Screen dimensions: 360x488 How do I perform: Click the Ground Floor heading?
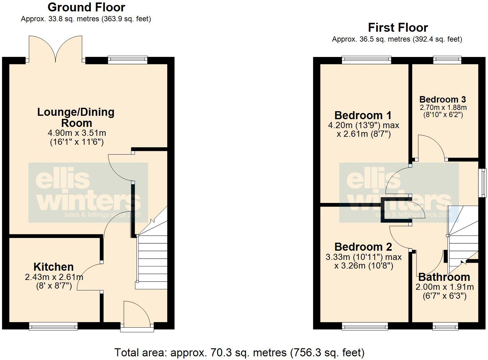(86, 7)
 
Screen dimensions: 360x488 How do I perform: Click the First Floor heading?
(398, 28)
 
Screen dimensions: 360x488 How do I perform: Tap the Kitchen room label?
(54, 267)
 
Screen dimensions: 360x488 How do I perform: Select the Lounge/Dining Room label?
(76, 117)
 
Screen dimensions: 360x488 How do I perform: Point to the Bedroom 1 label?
(363, 115)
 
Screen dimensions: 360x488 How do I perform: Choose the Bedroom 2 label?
(363, 247)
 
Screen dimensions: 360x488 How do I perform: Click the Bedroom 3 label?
(442, 99)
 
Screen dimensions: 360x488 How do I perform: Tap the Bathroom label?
(444, 277)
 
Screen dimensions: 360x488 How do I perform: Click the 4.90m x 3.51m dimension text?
(77, 133)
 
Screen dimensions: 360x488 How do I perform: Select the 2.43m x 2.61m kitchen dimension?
(54, 277)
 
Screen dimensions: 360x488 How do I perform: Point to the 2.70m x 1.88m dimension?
(443, 108)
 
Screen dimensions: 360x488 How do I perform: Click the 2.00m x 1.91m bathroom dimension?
(445, 287)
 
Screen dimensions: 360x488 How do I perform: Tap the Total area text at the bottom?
(239, 352)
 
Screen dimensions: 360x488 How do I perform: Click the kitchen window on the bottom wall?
(53, 326)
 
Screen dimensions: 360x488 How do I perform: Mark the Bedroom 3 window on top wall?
(447, 60)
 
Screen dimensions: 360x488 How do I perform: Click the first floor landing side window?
(482, 183)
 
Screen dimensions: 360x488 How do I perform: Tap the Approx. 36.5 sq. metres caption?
(397, 39)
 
